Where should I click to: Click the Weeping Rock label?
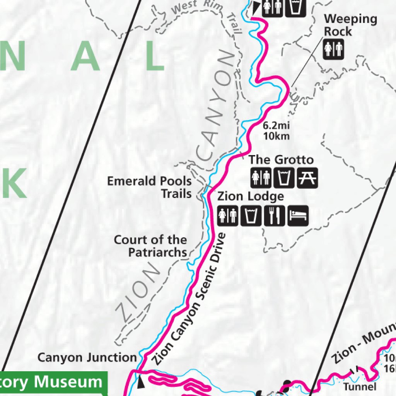350,25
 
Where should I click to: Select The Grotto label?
281,159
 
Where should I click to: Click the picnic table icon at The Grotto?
307,178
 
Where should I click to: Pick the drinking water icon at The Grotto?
284,178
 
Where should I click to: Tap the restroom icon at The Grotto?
261,178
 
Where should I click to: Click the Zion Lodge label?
250,196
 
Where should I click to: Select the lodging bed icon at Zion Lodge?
298,215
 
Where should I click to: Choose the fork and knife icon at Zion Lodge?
275,215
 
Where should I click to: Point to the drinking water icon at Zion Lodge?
251,215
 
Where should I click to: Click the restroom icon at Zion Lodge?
227,215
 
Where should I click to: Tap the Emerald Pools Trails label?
149,187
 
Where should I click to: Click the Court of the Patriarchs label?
150,246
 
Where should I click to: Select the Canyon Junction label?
87,357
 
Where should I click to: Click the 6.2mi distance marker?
276,126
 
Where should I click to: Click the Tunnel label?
359,386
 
